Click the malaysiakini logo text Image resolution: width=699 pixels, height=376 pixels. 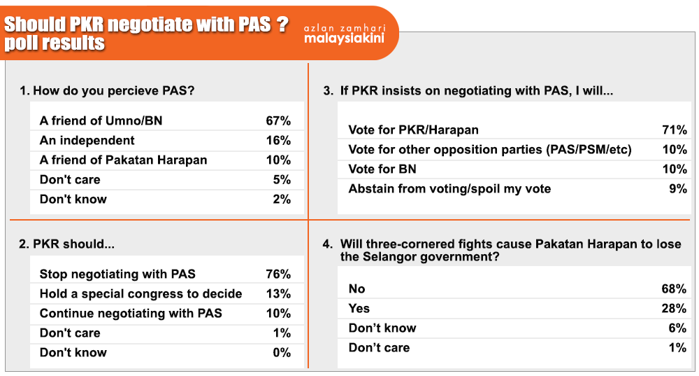[x=344, y=39]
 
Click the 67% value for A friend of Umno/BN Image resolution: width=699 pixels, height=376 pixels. [x=278, y=120]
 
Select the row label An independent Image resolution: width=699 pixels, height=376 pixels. [x=87, y=140]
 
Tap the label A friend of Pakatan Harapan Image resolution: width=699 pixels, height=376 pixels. [x=124, y=160]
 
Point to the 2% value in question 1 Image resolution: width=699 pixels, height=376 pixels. [x=282, y=199]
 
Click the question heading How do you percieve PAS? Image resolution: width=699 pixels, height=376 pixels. [x=107, y=90]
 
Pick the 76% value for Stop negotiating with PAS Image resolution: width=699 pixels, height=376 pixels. [x=278, y=274]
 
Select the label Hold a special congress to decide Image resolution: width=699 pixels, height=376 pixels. [x=141, y=294]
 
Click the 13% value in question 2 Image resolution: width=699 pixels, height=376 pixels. [x=278, y=293]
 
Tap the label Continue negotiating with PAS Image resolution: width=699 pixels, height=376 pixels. [x=131, y=313]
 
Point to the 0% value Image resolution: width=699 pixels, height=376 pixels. [x=282, y=352]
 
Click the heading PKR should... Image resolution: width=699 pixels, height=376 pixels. [x=66, y=244]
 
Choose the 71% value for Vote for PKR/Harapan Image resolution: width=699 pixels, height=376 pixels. [x=675, y=130]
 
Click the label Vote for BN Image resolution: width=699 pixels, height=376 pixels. [x=382, y=169]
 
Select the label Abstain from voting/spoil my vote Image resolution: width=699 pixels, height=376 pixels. [x=449, y=189]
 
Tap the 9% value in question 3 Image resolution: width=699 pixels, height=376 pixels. [x=678, y=188]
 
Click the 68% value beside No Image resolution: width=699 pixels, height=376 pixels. [x=674, y=289]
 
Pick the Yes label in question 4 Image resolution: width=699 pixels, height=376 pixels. [x=359, y=309]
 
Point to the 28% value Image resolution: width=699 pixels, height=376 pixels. [x=674, y=309]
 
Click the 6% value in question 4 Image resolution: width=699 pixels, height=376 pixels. [x=677, y=328]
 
